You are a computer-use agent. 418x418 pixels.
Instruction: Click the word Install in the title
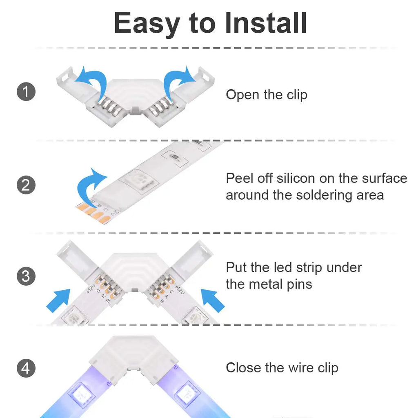266,23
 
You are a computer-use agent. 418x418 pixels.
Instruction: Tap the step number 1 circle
26,91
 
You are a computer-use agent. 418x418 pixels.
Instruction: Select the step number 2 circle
26,185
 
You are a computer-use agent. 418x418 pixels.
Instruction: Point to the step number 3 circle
26,276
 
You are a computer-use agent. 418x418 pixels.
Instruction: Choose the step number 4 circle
26,368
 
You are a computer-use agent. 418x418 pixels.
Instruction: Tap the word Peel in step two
239,178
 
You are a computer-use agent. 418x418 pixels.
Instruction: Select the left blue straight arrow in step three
58,301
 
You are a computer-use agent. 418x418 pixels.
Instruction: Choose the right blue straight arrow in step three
212,301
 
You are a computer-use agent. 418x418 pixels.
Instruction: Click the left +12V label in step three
91,289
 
